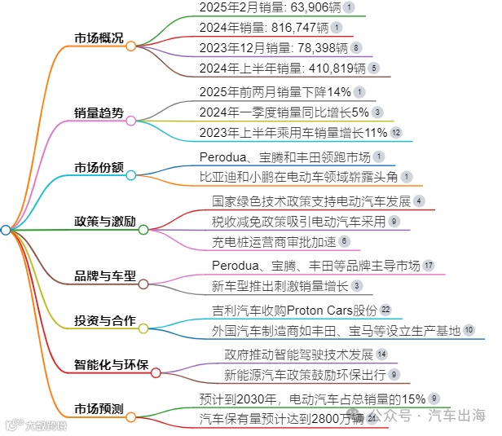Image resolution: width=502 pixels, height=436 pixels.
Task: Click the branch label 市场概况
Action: [99, 38]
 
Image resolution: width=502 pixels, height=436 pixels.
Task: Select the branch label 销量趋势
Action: [99, 113]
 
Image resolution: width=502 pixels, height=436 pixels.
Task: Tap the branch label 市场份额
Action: [99, 167]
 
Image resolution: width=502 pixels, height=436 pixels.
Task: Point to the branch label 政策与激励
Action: [105, 221]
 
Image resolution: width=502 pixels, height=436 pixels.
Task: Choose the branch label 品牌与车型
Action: [105, 275]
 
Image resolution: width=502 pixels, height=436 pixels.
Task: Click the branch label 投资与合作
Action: [105, 319]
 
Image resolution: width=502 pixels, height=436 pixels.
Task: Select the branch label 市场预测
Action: [99, 407]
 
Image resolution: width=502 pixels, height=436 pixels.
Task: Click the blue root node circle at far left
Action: [6, 231]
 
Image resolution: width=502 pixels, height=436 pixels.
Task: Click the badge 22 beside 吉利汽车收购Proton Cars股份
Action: [385, 310]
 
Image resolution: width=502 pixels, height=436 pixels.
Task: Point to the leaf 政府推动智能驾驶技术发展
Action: [297, 355]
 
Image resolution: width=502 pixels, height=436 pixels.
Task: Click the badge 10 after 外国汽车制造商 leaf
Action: [469, 329]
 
